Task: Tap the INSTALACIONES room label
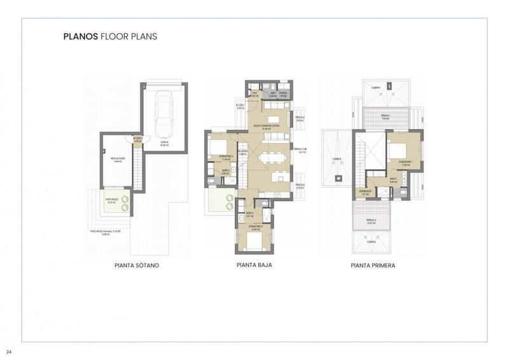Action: click(117, 160)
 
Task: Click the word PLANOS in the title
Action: click(80, 37)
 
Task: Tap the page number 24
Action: click(9, 352)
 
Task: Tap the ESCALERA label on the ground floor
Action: click(242, 152)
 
